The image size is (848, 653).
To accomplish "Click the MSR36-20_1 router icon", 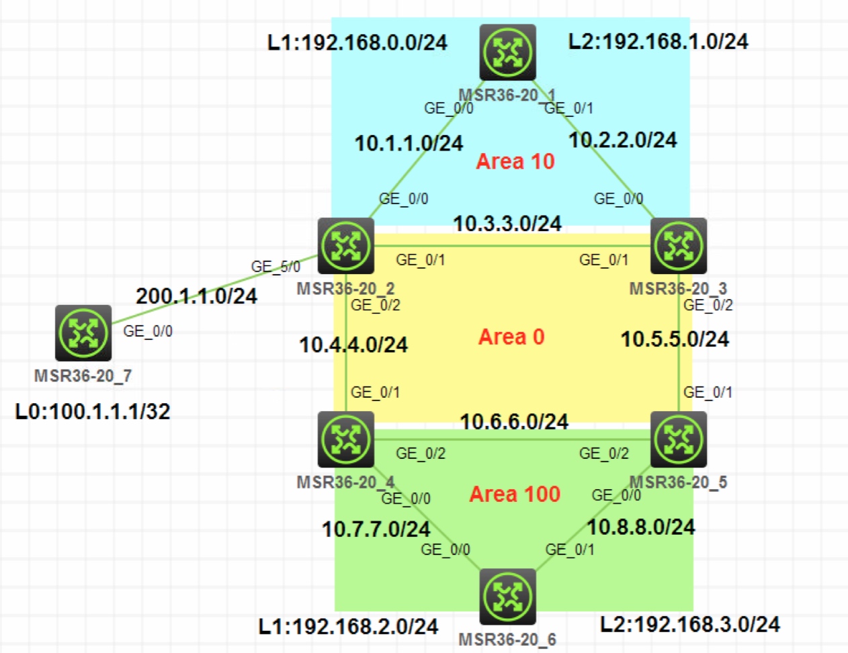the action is click(x=507, y=52).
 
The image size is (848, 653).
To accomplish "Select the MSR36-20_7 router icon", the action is click(x=83, y=333).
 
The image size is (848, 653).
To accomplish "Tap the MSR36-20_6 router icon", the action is click(x=507, y=597).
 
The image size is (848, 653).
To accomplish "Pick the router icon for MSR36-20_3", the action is click(x=679, y=246).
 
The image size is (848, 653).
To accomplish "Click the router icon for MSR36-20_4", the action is click(x=346, y=439).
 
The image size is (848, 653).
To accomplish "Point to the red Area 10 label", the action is click(x=515, y=161).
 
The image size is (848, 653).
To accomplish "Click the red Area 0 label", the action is click(x=511, y=337).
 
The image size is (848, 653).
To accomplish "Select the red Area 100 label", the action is click(x=515, y=494).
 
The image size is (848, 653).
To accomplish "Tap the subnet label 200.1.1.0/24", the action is click(x=196, y=296).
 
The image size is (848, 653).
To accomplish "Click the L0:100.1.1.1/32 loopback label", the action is click(x=93, y=411).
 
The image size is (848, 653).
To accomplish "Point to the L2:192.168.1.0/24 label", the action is click(x=658, y=42).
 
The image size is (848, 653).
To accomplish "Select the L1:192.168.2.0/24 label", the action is click(x=348, y=627).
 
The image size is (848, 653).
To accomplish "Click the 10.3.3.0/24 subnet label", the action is click(x=507, y=224).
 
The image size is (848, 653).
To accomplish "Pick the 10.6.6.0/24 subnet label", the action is click(x=514, y=422).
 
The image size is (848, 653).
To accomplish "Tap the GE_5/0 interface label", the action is click(x=275, y=267).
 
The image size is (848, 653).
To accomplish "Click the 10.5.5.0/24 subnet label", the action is click(x=675, y=339).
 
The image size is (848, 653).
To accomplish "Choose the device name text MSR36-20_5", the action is click(x=678, y=482).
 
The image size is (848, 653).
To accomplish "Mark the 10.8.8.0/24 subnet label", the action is click(x=641, y=527).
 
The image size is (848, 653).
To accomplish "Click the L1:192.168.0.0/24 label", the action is click(x=357, y=42).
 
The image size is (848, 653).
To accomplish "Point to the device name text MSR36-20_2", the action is click(x=345, y=289).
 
